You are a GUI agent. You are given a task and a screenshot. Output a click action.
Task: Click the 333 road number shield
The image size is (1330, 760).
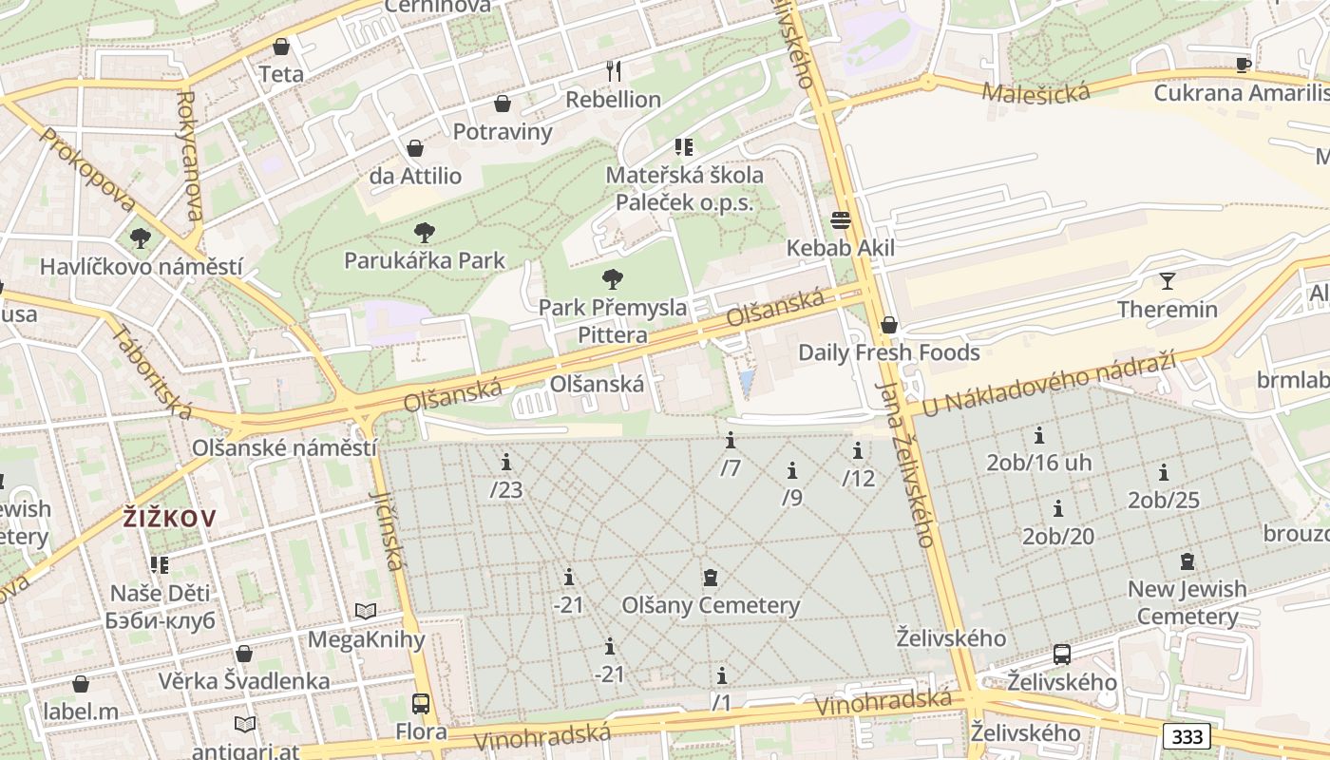[x=1187, y=736]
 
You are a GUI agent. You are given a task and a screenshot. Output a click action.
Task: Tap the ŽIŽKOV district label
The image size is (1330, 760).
[x=169, y=519]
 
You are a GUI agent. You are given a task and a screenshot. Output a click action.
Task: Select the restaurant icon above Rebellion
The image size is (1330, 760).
[x=614, y=70]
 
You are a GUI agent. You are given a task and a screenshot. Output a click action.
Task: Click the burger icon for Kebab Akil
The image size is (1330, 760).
[x=841, y=220]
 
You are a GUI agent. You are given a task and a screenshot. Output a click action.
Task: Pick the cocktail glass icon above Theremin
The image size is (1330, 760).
[x=1167, y=281]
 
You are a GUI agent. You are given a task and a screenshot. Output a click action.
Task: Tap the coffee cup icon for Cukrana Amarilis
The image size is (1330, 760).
[x=1243, y=65]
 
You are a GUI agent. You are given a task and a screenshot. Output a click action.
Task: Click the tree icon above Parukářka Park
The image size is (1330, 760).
[x=425, y=232]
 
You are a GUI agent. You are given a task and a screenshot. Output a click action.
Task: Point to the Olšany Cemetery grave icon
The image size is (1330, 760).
[x=710, y=577]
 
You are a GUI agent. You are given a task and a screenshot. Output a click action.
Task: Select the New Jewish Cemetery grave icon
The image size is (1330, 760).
[x=1187, y=560]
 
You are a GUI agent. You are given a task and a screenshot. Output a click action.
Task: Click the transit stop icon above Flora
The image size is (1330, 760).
[x=421, y=704]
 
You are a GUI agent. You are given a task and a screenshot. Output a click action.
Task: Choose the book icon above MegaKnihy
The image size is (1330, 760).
[x=366, y=611]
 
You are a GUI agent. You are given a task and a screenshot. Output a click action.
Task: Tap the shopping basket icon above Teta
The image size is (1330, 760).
[x=281, y=47]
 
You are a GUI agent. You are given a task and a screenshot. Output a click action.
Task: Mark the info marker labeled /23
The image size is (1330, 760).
[x=506, y=463]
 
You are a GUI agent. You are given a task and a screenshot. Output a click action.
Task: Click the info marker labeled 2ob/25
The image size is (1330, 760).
[x=1164, y=472]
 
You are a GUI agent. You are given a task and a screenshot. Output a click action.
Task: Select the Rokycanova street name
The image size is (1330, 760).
[x=187, y=156]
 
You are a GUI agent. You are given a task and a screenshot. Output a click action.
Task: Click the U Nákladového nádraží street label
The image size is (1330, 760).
[x=1049, y=385]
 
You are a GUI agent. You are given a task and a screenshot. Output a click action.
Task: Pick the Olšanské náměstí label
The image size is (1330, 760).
[x=284, y=447]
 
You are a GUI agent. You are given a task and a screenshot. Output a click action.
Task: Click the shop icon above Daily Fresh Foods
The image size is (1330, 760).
[x=888, y=325]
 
